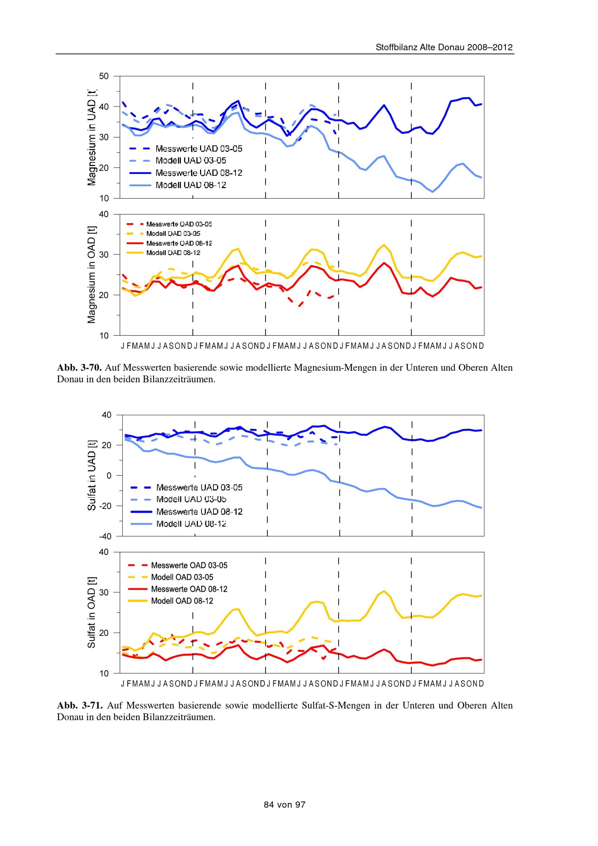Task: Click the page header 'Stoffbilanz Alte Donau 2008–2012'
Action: point(444,48)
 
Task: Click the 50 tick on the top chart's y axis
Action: point(104,76)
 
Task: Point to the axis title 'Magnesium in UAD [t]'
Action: point(91,138)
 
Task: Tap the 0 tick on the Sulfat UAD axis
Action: point(109,476)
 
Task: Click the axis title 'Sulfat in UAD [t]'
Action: point(91,475)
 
